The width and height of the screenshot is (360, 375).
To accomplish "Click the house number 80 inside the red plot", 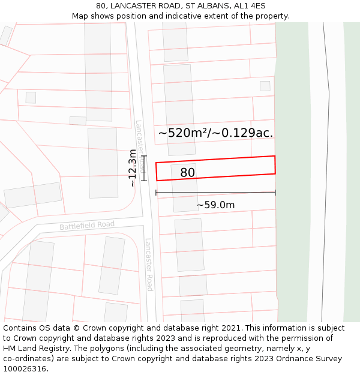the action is (187, 173).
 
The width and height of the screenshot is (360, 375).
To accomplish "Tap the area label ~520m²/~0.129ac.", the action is (215, 133).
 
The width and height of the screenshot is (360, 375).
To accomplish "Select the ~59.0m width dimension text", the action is (215, 205).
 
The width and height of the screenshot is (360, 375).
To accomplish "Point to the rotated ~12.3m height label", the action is (133, 169).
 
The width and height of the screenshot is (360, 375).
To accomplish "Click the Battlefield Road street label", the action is (87, 226).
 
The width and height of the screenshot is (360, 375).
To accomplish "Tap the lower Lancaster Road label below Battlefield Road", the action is (149, 265).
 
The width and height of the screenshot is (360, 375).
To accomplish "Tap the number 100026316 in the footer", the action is (26, 369).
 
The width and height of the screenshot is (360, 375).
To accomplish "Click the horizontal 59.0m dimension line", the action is (215, 193).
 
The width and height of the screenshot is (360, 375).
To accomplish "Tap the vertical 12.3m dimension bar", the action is (143, 169).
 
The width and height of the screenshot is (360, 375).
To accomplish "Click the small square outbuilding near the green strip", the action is (265, 86).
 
